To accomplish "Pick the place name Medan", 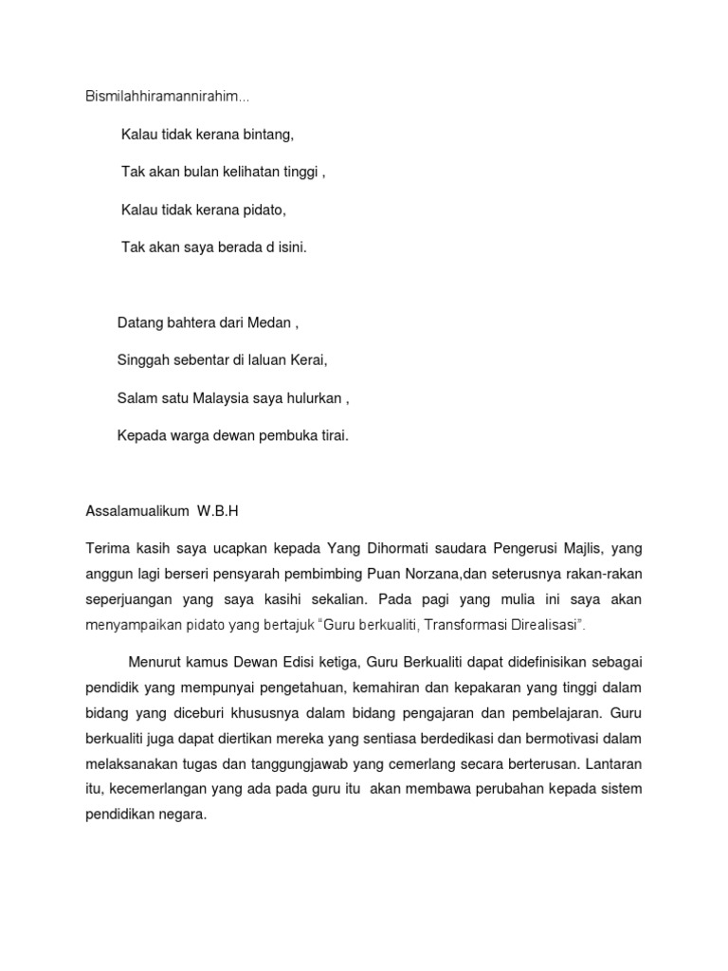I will point(272,323).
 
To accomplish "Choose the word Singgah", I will point(140,361).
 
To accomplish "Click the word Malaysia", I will point(226,398).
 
